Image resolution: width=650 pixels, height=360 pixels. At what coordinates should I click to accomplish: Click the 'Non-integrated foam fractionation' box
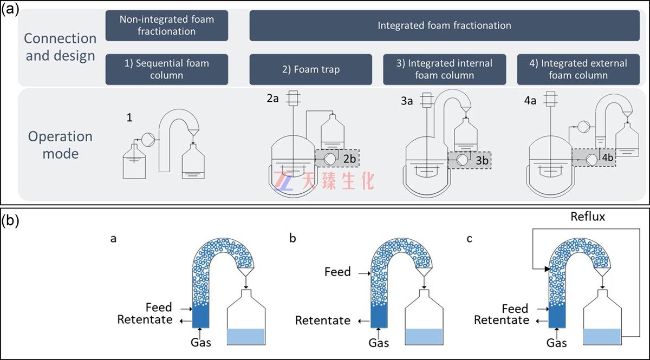167,25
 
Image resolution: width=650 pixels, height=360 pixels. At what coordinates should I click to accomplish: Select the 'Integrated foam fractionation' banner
444,25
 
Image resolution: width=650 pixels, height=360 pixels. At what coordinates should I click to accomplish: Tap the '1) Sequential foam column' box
167,69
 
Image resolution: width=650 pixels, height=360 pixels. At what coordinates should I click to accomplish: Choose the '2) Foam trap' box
310,69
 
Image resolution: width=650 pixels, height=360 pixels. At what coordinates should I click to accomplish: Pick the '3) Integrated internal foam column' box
444,69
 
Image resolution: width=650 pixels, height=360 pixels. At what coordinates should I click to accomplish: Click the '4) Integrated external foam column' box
580,69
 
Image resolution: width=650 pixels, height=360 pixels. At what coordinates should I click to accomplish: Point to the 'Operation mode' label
60,145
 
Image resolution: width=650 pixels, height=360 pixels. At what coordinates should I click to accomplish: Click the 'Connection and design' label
60,47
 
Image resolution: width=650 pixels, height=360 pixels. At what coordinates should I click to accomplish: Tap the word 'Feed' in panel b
337,271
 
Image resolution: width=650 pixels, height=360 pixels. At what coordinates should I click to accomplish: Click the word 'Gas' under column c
557,343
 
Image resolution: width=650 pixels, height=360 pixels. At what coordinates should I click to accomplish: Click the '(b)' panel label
10,221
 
